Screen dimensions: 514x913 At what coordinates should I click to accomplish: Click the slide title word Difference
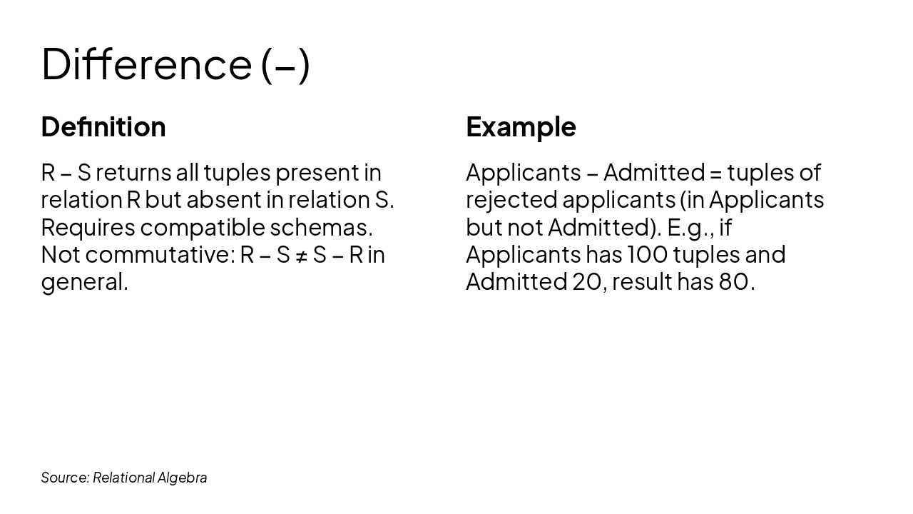point(146,64)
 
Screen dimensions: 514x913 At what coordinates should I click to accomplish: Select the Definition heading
point(103,127)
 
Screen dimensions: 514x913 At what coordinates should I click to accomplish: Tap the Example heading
point(521,127)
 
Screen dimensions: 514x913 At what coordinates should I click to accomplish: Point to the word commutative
point(159,255)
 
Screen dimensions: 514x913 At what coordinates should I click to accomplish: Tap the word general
point(84,283)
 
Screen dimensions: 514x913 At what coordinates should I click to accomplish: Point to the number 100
point(646,255)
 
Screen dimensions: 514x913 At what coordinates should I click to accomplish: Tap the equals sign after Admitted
point(716,173)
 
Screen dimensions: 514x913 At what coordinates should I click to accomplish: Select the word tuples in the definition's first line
point(236,173)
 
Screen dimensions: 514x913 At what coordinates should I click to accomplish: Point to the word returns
point(133,173)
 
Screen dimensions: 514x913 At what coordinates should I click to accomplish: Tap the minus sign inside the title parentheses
point(285,65)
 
